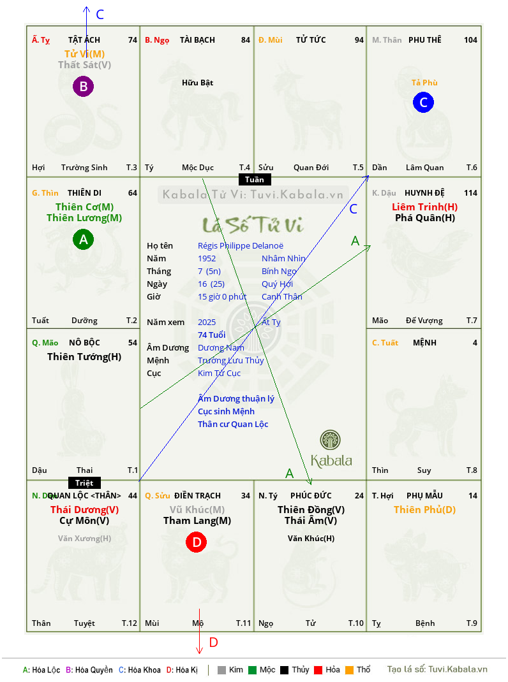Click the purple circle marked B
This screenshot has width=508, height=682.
tap(83, 86)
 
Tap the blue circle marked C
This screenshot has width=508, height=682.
tap(424, 102)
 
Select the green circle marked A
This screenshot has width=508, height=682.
tap(83, 239)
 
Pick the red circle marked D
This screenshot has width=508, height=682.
tap(197, 542)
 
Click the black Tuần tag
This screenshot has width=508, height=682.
tap(255, 179)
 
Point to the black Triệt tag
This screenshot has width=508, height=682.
tap(84, 482)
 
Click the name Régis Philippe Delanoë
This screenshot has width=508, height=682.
tap(241, 246)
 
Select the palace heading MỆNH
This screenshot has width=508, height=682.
tap(425, 343)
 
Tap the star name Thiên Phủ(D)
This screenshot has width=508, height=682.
tap(425, 510)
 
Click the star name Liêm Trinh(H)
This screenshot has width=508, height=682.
tap(425, 207)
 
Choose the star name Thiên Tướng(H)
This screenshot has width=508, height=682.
tap(84, 357)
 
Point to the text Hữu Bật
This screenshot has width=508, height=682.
tap(197, 83)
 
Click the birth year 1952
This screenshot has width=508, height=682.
tap(207, 258)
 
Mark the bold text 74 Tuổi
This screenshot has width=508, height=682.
tap(212, 335)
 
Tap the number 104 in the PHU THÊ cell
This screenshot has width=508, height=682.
tap(470, 40)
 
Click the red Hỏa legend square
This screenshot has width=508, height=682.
tap(318, 670)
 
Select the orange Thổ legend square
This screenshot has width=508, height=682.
tap(350, 670)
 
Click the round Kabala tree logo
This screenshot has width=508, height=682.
tap(330, 440)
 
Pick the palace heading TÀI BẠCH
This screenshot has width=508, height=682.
tap(197, 40)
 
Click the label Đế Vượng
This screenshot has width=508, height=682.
tap(424, 321)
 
